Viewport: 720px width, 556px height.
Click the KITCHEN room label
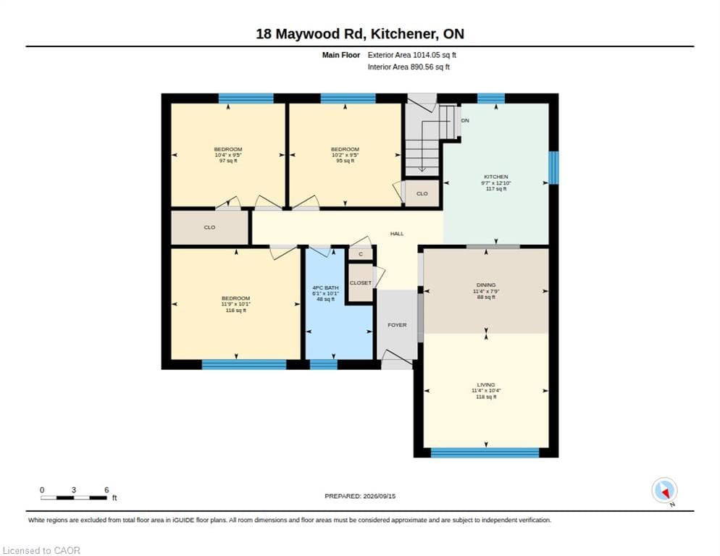pyautogui.click(x=496, y=177)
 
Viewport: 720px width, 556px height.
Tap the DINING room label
pyautogui.click(x=486, y=285)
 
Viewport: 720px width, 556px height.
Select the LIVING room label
pyautogui.click(x=486, y=384)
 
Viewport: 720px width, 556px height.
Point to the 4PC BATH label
pyautogui.click(x=325, y=288)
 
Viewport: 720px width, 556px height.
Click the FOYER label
pyautogui.click(x=397, y=325)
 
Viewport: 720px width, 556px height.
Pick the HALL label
pyautogui.click(x=397, y=234)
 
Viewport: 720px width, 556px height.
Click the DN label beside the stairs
pyautogui.click(x=465, y=120)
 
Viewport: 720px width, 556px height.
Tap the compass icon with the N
pyautogui.click(x=664, y=490)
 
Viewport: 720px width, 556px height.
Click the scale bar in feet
pyautogui.click(x=73, y=497)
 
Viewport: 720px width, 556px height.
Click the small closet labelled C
pyautogui.click(x=361, y=254)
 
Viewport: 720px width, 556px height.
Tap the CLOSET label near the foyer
pyautogui.click(x=361, y=283)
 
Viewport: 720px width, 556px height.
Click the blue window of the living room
pyautogui.click(x=485, y=453)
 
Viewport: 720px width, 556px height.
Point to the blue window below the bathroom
pyautogui.click(x=324, y=365)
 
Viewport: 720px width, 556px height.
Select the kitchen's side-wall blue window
pyautogui.click(x=554, y=167)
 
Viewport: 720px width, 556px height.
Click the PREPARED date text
pyautogui.click(x=360, y=496)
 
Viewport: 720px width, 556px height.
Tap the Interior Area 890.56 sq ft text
pyautogui.click(x=409, y=67)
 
